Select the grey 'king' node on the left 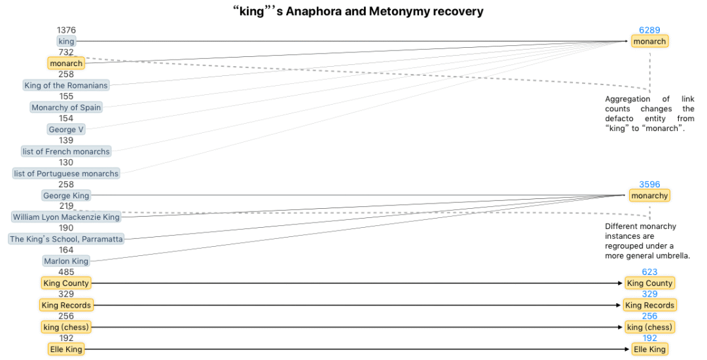pos(66,41)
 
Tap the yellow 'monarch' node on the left pos(66,63)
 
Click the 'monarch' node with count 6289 pos(649,41)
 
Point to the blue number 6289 pos(649,30)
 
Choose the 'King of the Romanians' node pos(66,85)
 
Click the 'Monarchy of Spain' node pos(66,107)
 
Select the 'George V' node pos(66,130)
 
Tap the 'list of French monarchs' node pos(66,151)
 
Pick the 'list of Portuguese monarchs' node pos(66,173)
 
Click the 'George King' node pos(66,196)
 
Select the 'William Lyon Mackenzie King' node pos(66,217)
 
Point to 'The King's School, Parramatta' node pos(66,239)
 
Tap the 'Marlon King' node pos(66,261)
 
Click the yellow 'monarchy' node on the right pos(649,196)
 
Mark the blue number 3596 pos(649,185)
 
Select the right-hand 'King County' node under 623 pos(649,283)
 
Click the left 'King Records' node pos(66,305)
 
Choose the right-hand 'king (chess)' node pos(649,327)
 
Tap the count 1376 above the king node pos(66,30)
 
